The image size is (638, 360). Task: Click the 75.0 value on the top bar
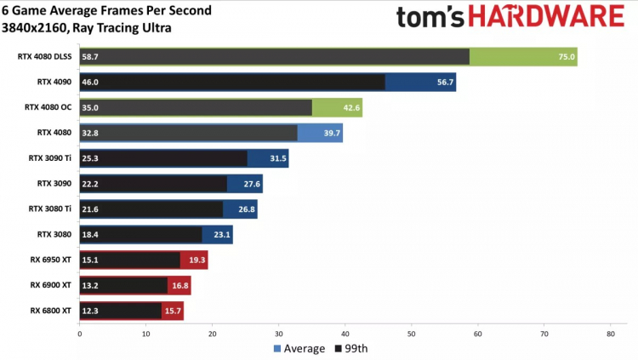[567, 57]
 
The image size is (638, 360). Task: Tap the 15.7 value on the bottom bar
[174, 310]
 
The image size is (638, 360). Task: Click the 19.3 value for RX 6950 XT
[197, 260]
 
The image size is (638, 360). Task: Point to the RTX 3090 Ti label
[52, 158]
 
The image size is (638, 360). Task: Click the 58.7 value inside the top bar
[91, 57]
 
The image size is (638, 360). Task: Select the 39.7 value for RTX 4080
[333, 134]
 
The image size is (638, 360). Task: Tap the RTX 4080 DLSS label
[46, 57]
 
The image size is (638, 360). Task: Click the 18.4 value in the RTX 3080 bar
[91, 234]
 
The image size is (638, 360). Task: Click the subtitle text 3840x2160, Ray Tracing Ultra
[92, 27]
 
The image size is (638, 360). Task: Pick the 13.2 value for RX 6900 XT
[91, 285]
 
